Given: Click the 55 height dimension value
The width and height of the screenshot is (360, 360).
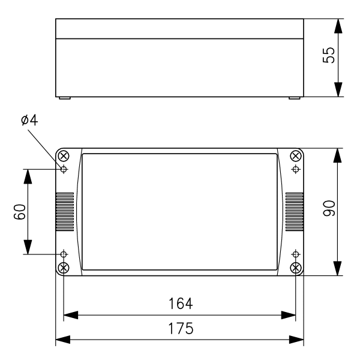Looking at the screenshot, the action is pos(329,55).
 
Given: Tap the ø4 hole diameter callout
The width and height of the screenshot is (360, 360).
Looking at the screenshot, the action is pos(29,120).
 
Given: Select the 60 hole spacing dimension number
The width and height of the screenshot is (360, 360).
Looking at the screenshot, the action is pos(20,212).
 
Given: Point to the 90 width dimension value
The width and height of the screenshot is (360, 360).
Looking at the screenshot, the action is pos(329,208).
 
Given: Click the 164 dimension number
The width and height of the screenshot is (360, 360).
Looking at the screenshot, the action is pos(181,304).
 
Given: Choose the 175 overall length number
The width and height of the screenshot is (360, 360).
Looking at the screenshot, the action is pos(181,328).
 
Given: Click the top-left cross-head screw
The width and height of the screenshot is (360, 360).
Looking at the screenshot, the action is pos(64,156).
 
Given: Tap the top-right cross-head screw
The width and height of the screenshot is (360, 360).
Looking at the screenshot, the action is pos(296,156).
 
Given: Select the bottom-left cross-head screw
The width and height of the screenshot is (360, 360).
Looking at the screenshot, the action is pos(64,268).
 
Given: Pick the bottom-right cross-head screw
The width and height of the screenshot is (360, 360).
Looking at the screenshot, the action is pos(296,268).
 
